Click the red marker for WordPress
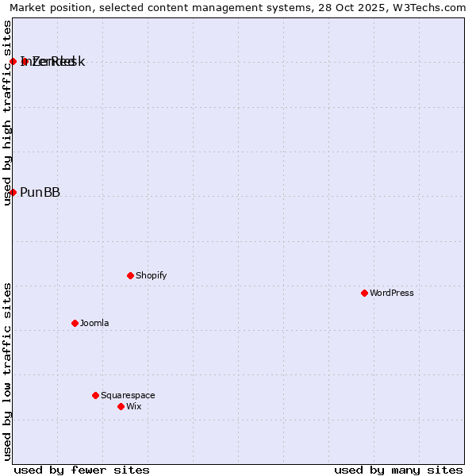[364, 293]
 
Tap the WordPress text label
[392, 293]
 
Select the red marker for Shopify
[130, 275]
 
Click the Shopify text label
[151, 275]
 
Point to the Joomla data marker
[75, 323]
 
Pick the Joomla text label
[94, 323]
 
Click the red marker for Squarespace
[95, 395]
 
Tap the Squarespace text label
[128, 395]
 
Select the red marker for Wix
[121, 406]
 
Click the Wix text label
[133, 406]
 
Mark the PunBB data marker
[13, 192]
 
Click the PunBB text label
[40, 192]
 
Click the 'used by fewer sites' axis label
[82, 470]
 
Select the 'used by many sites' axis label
[398, 470]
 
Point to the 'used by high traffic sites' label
[8, 113]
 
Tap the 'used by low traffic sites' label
[8, 371]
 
